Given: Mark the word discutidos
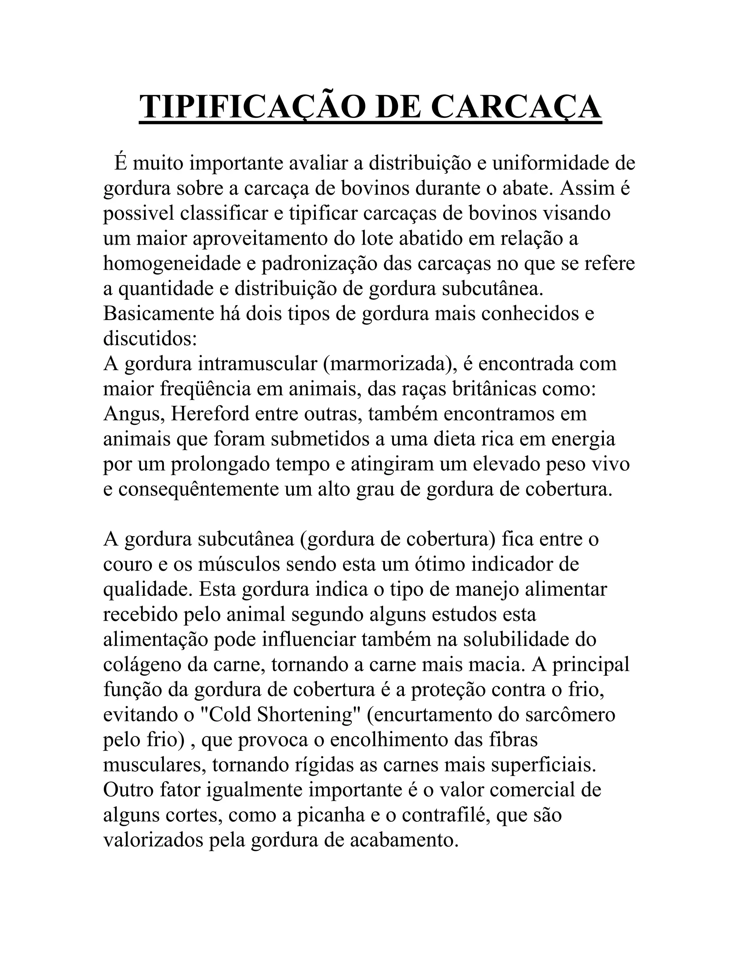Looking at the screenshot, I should click(150, 339).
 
